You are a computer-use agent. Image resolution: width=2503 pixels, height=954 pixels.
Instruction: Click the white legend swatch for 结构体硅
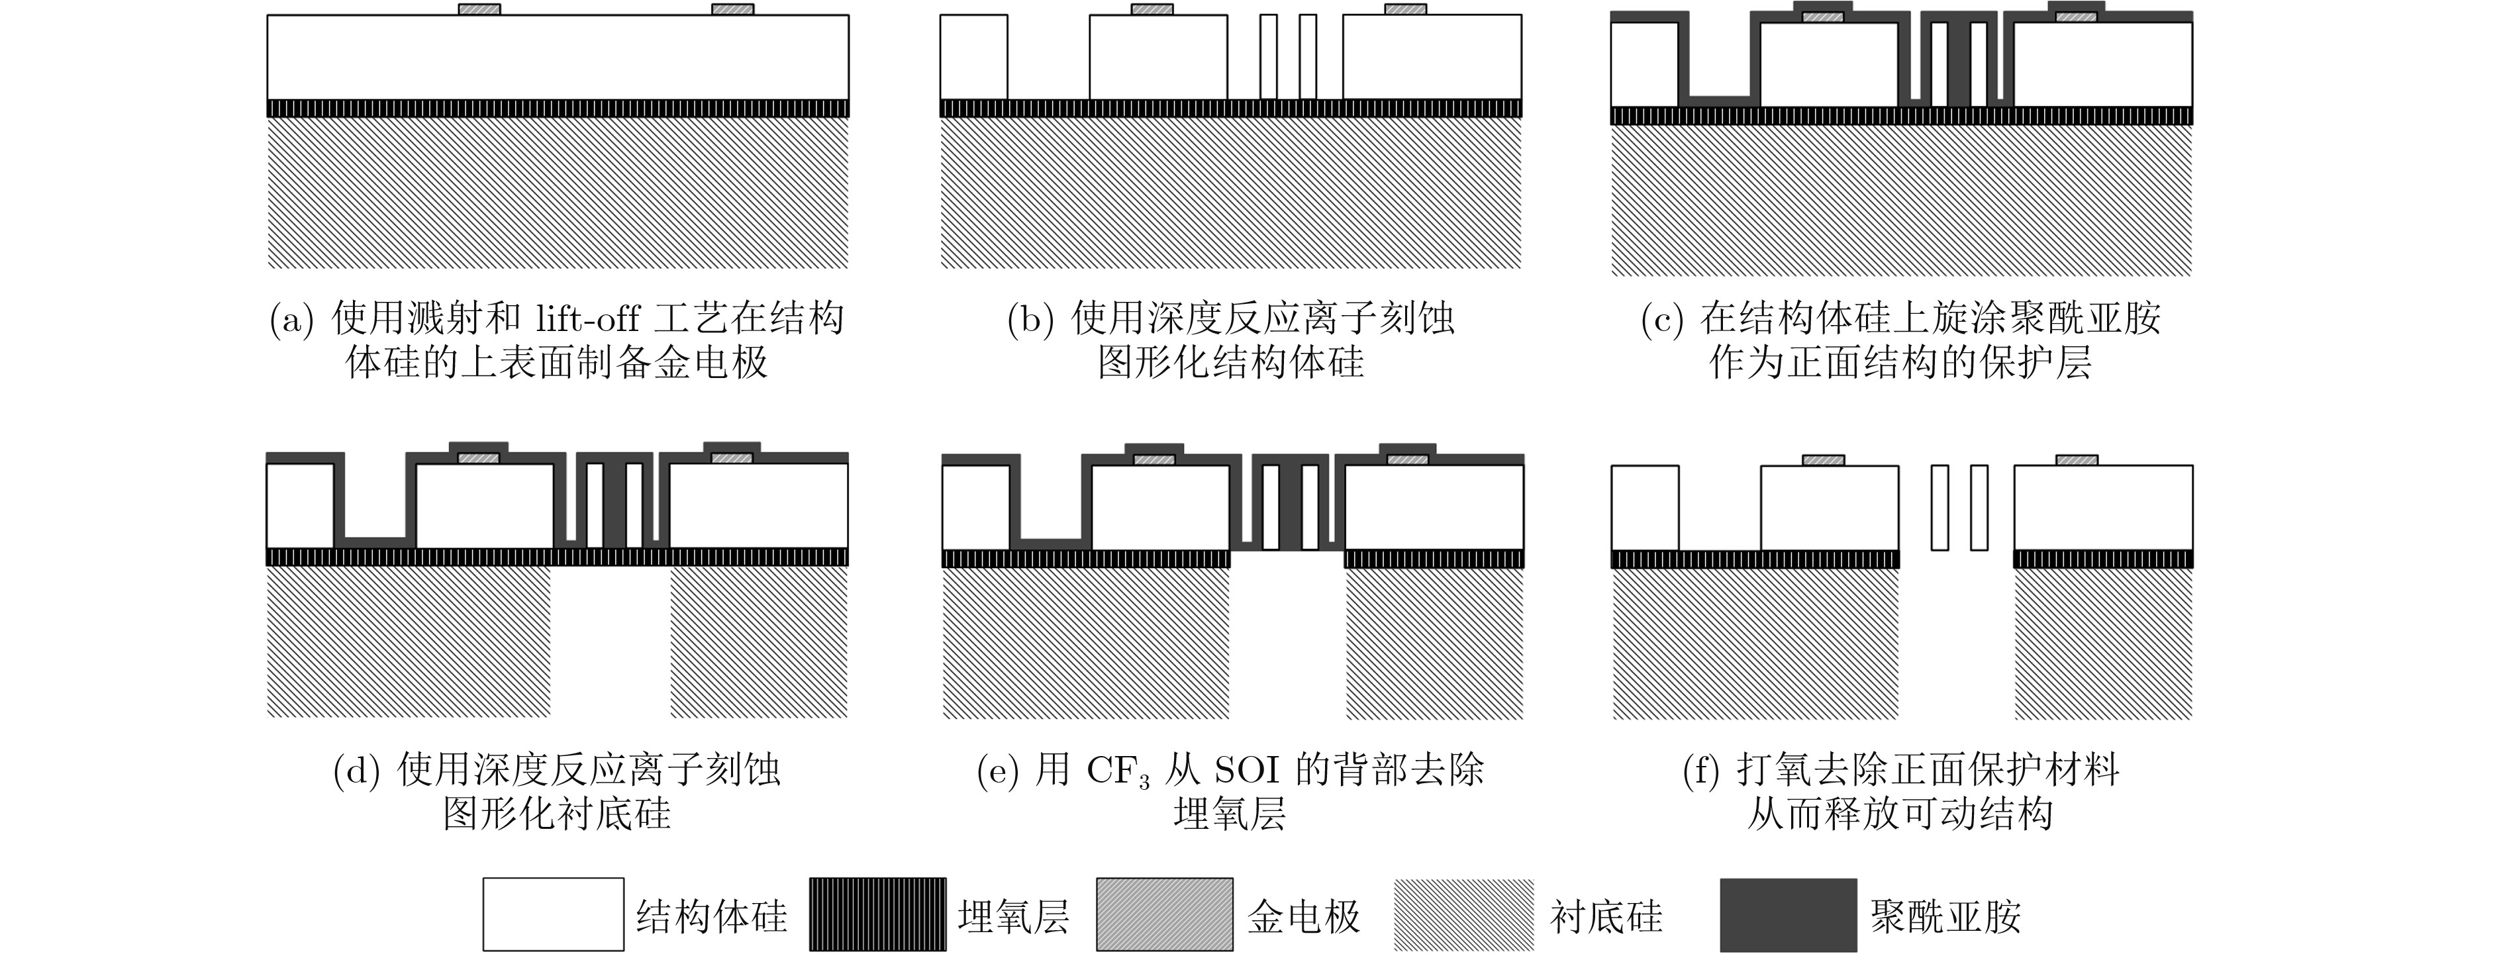[x=553, y=914]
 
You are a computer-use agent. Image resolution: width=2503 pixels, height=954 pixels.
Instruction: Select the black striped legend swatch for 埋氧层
[x=877, y=914]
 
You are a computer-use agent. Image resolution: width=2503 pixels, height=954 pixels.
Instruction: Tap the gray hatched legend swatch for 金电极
[x=1165, y=914]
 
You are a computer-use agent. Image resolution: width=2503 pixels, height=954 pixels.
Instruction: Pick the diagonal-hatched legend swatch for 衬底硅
[x=1464, y=914]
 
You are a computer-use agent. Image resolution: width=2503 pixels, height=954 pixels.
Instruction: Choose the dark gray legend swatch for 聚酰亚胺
[x=1788, y=914]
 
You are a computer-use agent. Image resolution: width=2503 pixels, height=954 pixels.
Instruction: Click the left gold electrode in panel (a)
[x=480, y=10]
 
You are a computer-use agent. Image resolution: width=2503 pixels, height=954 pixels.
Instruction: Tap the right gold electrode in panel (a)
[x=732, y=10]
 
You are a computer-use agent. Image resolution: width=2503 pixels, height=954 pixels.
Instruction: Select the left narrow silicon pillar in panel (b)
[x=1268, y=56]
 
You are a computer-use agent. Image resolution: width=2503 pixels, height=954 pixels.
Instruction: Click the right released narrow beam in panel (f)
[x=1979, y=507]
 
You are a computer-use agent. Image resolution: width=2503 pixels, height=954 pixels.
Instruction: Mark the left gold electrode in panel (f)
[x=1823, y=461]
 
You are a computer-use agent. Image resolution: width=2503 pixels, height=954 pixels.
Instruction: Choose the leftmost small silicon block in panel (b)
[x=973, y=56]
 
